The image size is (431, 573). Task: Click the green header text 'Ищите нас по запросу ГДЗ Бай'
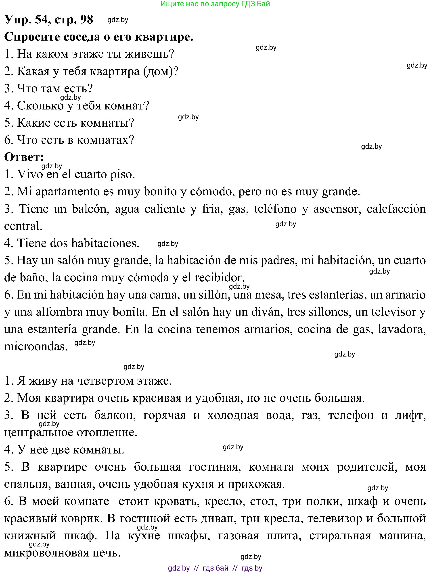click(215, 4)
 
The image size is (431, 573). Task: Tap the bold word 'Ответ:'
click(24, 157)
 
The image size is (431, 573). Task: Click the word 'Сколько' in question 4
click(40, 106)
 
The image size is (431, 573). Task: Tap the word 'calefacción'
click(396, 209)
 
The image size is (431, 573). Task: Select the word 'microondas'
click(36, 346)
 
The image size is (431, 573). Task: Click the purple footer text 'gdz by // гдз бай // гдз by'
click(215, 568)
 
